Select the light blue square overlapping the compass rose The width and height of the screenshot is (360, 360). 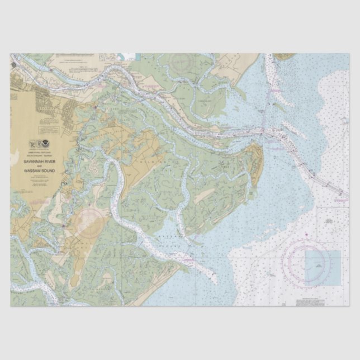tap(323, 267)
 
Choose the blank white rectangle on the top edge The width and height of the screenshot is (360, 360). tap(130, 56)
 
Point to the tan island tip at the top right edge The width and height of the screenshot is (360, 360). tap(283, 57)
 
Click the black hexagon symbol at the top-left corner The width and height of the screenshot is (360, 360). tap(13, 65)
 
